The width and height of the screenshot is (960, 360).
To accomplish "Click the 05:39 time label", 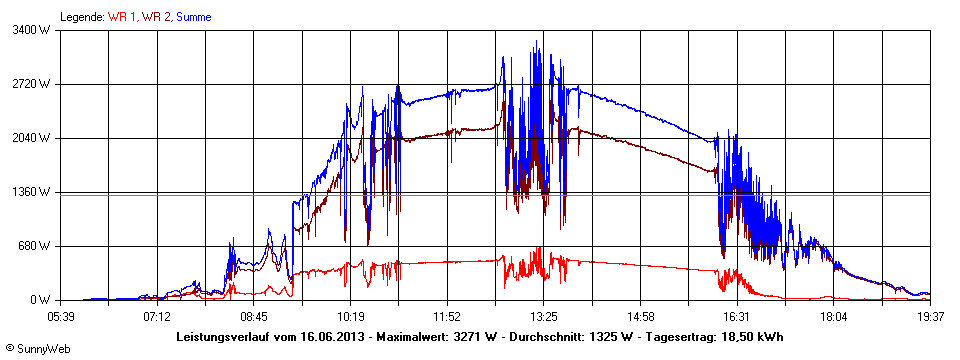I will pyautogui.click(x=60, y=316).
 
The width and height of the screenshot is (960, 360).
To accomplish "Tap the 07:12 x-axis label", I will pyautogui.click(x=157, y=316).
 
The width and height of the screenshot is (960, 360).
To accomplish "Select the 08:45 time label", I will pyautogui.click(x=254, y=316).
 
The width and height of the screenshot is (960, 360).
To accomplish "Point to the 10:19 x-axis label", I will pyautogui.click(x=350, y=316).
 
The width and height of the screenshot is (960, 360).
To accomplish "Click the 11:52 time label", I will pyautogui.click(x=447, y=316).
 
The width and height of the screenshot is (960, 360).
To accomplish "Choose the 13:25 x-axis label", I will pyautogui.click(x=543, y=316).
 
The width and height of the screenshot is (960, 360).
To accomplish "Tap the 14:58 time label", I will pyautogui.click(x=640, y=316).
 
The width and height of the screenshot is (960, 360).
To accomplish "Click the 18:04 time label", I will pyautogui.click(x=833, y=316).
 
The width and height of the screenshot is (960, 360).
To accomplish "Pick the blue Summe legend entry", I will pyautogui.click(x=194, y=17).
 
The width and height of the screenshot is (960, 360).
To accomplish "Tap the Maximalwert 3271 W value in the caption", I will pyautogui.click(x=477, y=336).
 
